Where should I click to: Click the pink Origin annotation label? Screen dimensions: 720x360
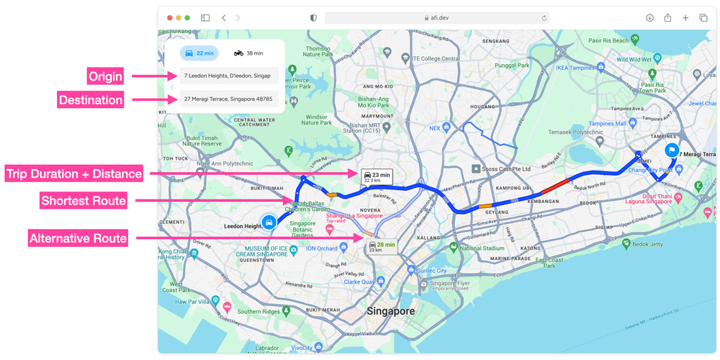(105, 76)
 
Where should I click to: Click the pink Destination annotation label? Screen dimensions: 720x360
(90, 99)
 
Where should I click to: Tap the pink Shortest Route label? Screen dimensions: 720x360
(84, 201)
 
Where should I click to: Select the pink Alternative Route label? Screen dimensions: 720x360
(78, 238)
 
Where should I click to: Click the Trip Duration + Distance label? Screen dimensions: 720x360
(73, 174)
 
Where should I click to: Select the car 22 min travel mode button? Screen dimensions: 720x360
(199, 53)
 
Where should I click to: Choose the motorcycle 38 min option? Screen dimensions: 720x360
(248, 53)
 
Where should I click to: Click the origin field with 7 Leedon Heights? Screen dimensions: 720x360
(228, 76)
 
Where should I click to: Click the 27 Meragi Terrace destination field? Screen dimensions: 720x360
(228, 99)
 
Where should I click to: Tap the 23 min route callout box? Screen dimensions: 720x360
(377, 177)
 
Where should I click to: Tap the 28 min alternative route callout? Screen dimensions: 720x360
(381, 246)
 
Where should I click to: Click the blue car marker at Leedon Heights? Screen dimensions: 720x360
(269, 222)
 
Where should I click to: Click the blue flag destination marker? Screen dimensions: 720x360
(671, 150)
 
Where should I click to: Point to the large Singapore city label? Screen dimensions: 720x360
(390, 311)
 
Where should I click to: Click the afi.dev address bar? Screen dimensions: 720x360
(436, 18)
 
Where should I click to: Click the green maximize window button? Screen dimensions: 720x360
(188, 18)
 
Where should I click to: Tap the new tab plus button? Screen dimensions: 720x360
(685, 18)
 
